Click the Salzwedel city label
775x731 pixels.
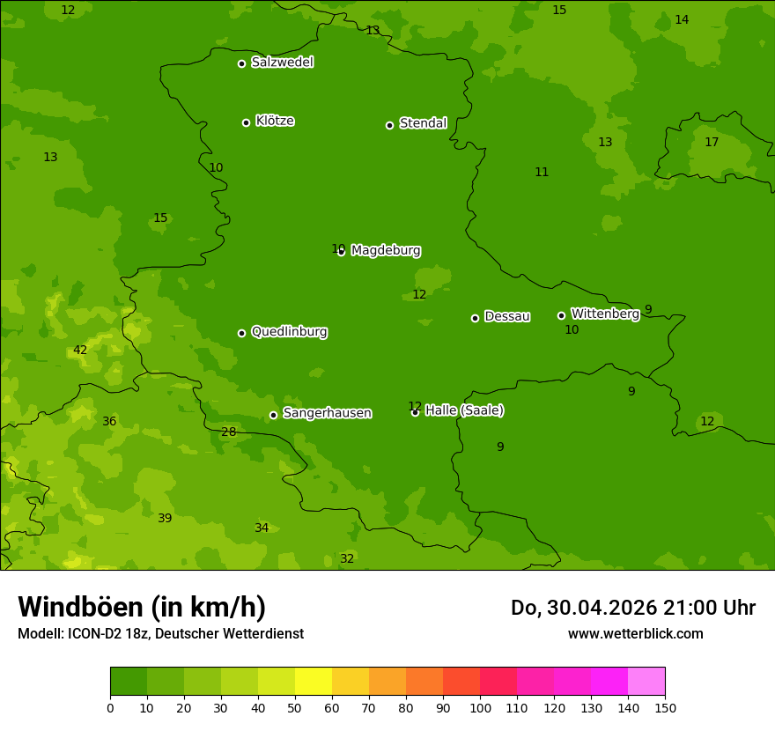pos(282,63)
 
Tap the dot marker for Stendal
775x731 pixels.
pos(389,125)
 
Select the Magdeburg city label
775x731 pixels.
pos(386,251)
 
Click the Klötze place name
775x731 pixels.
pos(275,122)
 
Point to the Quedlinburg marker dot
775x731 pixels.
pos(241,333)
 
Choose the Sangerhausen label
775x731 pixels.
pos(327,413)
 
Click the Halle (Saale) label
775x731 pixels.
pos(464,410)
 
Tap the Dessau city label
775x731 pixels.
pos(507,316)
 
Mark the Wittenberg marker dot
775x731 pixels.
pos(561,315)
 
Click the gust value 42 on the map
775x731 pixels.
pos(80,351)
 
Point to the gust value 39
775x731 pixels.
pos(165,519)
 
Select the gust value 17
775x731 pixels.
pos(712,143)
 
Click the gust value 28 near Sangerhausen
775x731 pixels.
pos(229,432)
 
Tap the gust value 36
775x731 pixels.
pos(109,422)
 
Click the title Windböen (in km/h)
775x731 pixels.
pos(142,607)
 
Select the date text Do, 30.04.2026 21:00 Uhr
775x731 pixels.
pos(632,608)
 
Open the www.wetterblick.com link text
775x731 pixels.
pos(635,633)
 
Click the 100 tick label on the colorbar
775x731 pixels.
pos(480,707)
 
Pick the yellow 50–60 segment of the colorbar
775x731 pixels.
pos(314,682)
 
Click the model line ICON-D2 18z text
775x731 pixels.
pos(160,634)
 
